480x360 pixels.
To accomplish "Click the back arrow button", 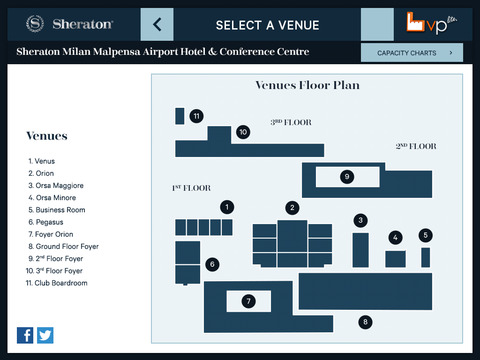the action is (157, 25).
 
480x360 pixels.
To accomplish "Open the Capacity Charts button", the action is (412, 53).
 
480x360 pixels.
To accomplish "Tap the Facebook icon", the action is (25, 335).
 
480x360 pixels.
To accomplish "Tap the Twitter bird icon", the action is (45, 335).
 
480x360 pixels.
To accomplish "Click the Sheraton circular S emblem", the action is (35, 24).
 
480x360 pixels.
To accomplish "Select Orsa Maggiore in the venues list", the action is (56, 185).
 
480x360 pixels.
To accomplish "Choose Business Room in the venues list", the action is (57, 210).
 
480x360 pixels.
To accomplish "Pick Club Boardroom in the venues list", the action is (57, 283).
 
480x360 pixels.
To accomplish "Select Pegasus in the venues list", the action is (46, 222).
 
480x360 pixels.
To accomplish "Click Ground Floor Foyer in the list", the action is (63, 246).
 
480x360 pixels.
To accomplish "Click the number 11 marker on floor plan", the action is (197, 116).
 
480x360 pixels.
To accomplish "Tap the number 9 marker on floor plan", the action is (347, 176).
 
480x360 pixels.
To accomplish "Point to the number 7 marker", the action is (249, 301).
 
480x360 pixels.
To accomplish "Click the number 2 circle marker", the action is (292, 208).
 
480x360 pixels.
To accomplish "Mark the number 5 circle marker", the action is (425, 235).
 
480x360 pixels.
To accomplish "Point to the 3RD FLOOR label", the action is (291, 122).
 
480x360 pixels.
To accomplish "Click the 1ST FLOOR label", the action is (191, 188).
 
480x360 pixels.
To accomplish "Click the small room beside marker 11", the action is (180, 116).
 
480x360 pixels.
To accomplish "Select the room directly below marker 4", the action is (395, 259).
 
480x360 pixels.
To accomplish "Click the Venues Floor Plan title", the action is (307, 85).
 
